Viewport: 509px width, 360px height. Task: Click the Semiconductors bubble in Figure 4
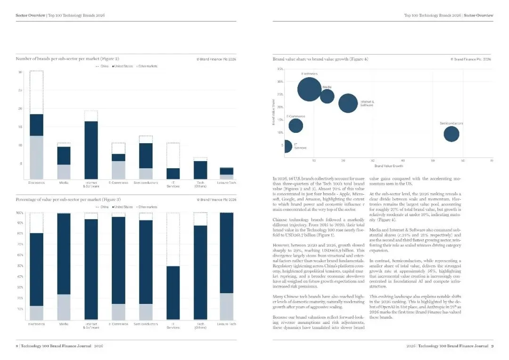451,134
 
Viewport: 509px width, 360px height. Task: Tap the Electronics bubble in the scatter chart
309,89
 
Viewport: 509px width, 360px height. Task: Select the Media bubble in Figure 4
327,96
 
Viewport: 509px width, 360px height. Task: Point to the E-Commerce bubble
296,126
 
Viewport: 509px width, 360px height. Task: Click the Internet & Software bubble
348,103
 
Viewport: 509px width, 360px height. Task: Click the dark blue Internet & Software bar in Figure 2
91,149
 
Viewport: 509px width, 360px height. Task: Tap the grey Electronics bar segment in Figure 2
36,156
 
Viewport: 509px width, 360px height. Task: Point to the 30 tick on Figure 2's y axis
20,72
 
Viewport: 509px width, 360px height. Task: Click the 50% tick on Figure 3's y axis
20,266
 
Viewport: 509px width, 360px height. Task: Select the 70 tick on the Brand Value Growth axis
492,161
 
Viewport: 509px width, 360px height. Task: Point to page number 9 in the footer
492,346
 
